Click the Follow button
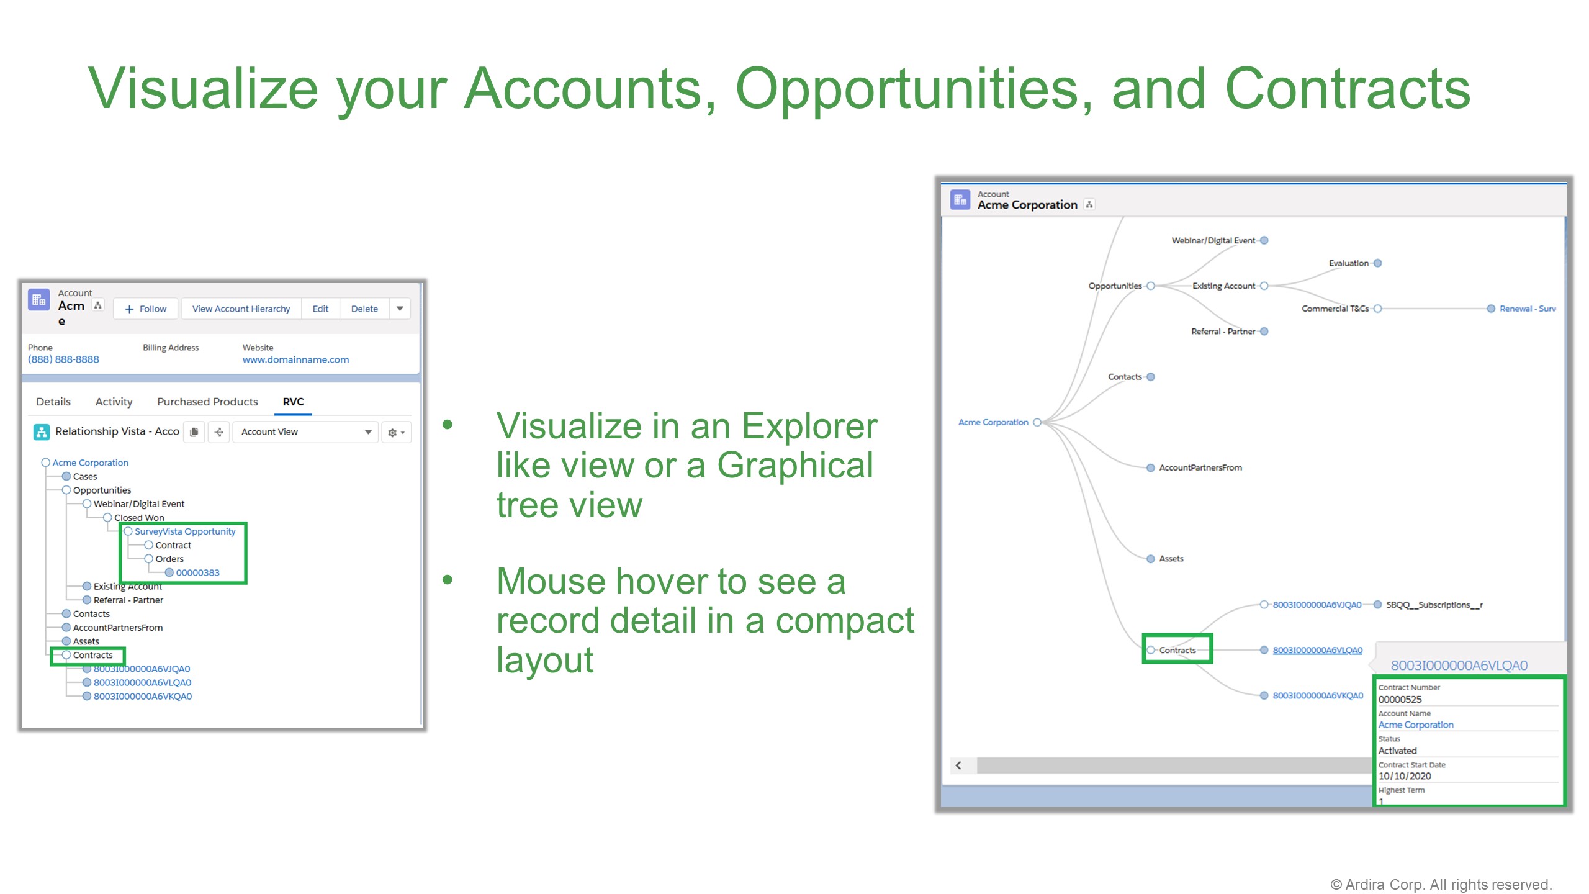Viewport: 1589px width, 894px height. point(146,309)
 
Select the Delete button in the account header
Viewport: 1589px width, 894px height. point(364,309)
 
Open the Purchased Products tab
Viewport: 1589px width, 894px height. point(207,402)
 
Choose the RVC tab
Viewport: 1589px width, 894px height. point(293,402)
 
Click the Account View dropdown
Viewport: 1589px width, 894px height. point(305,432)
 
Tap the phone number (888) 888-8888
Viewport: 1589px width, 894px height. point(63,359)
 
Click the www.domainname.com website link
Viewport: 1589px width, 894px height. point(295,359)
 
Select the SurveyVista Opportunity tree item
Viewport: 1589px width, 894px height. point(185,531)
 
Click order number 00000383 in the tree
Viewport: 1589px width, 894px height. point(197,572)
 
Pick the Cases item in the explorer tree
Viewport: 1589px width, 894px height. point(85,477)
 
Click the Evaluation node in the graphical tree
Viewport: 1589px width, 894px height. point(1348,263)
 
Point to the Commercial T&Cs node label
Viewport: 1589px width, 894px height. point(1335,309)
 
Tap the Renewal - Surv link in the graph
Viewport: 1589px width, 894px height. point(1527,309)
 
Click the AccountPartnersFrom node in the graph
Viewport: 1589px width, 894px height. point(1200,467)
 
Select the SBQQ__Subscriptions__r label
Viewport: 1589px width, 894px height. point(1434,605)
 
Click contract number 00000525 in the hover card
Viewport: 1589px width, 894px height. point(1400,699)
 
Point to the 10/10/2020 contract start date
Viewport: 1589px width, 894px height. point(1405,776)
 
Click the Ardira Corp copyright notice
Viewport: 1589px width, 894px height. point(1440,884)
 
